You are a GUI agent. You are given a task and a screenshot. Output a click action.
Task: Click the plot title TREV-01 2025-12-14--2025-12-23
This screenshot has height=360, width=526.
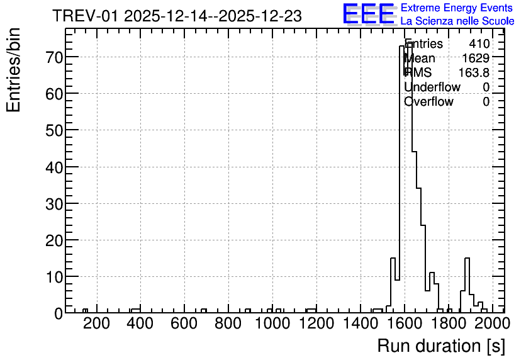tap(177, 16)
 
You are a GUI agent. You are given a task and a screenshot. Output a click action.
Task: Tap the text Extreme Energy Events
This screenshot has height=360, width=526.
tap(457, 8)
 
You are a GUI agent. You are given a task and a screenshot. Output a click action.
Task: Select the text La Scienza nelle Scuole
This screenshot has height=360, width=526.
tap(457, 21)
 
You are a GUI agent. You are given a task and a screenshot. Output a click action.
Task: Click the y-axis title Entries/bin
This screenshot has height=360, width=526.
tap(13, 70)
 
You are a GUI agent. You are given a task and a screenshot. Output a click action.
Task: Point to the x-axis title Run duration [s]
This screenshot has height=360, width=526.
tap(441, 346)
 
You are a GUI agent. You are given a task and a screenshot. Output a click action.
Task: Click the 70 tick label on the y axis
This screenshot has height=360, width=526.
tap(54, 57)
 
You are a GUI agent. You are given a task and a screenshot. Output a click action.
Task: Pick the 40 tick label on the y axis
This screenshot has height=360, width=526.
tap(54, 167)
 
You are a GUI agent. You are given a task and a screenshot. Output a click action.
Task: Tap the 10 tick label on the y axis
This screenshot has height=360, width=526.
tap(54, 277)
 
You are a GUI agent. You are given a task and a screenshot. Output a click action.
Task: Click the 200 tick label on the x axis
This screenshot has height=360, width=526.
tap(97, 323)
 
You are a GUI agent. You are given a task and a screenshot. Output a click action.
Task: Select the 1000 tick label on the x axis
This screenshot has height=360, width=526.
tap(272, 323)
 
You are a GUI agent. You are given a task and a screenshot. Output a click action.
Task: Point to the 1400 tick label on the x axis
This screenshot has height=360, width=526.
tap(361, 323)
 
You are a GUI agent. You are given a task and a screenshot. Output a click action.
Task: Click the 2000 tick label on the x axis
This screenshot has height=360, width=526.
tap(493, 323)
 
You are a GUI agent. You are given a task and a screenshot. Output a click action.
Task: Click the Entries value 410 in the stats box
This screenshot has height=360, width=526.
tap(479, 43)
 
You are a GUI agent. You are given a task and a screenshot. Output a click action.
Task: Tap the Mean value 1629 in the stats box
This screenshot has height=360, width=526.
tap(476, 58)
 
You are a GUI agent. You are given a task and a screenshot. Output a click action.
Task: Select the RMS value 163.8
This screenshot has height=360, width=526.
tap(474, 72)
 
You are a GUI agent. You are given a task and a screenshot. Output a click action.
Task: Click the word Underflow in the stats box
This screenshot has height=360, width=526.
tap(432, 87)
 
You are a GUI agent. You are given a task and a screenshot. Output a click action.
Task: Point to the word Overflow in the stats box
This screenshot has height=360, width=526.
tap(428, 101)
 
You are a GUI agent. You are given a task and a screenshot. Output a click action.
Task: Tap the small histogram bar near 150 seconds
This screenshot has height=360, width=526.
tap(85, 311)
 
